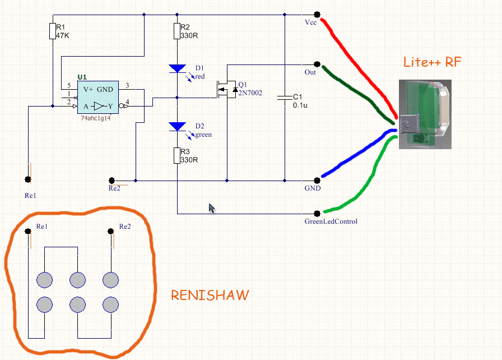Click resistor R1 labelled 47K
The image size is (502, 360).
[52, 31]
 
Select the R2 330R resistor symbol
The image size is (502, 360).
[177, 31]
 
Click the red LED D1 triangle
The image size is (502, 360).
[177, 69]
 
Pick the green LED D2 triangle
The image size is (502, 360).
[177, 126]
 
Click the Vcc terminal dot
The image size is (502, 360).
[317, 15]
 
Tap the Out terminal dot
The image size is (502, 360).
[317, 63]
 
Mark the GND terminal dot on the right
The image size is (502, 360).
[317, 181]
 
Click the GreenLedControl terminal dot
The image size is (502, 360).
[317, 213]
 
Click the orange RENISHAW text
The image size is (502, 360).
[210, 295]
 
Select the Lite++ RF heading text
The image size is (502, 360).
[432, 62]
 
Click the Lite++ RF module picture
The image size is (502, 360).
[425, 114]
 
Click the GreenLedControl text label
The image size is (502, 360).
[331, 221]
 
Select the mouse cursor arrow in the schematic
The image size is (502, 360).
[211, 208]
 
